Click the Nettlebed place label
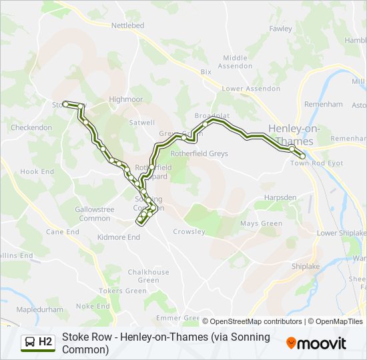pyautogui.click(x=127, y=25)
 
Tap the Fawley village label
pyautogui.click(x=280, y=29)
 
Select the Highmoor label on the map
pyautogui.click(x=126, y=99)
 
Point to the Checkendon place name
pyautogui.click(x=31, y=127)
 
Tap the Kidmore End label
pyautogui.click(x=119, y=237)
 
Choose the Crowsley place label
pyautogui.click(x=189, y=232)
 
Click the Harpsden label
pyautogui.click(x=280, y=198)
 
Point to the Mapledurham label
pyautogui.click(x=39, y=310)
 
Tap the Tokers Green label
pyautogui.click(x=123, y=291)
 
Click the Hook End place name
pyautogui.click(x=37, y=171)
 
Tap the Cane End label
pyautogui.click(x=63, y=232)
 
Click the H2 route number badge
pyautogui.click(x=45, y=342)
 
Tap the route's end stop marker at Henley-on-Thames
pyautogui.click(x=302, y=157)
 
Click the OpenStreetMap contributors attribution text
pyautogui.click(x=252, y=321)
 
